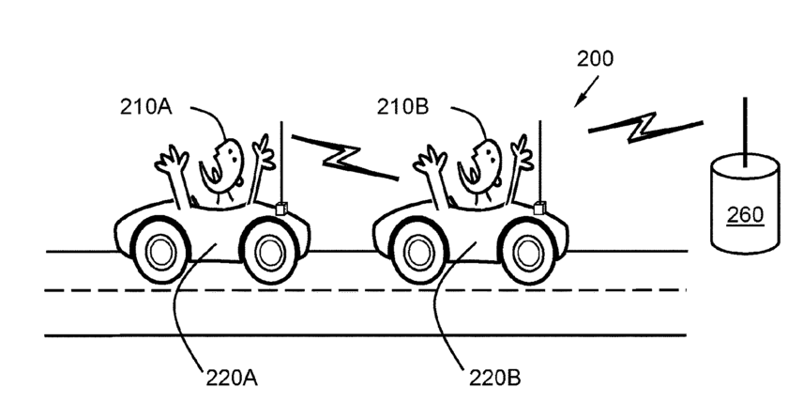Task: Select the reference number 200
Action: [596, 58]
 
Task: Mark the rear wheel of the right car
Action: [417, 251]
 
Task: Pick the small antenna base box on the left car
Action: [280, 206]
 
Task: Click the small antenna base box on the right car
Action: [539, 206]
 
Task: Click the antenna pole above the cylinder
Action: [745, 127]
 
